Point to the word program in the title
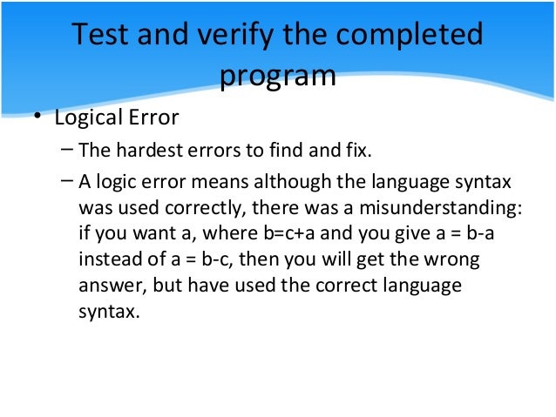(277, 75)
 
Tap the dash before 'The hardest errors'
(68, 150)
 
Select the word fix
(357, 151)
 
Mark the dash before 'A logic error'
(68, 182)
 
